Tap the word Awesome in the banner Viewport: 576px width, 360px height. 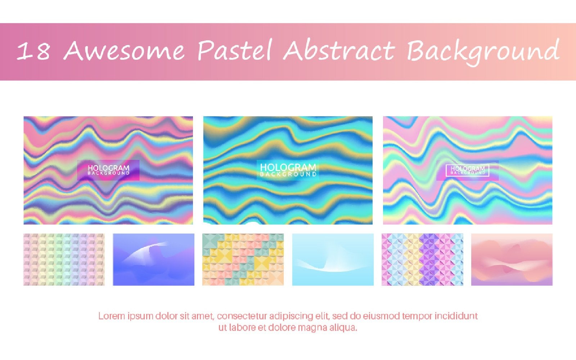pos(124,50)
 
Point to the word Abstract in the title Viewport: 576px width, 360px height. pos(339,50)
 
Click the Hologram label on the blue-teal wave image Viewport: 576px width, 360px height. pos(288,170)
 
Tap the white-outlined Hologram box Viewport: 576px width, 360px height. pos(467,170)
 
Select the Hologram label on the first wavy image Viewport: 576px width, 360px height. pos(108,170)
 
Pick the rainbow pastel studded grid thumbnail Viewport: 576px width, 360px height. pos(64,260)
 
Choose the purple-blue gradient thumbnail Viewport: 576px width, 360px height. pos(153,260)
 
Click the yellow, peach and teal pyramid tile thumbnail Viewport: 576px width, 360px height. pos(243,260)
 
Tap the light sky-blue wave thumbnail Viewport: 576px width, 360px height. pos(333,260)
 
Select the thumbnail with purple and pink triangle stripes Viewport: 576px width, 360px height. pos(422,260)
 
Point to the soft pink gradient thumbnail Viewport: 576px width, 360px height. pos(512,260)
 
